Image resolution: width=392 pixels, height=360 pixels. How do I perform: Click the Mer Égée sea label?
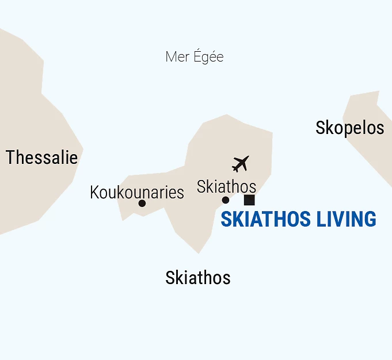pyautogui.click(x=194, y=57)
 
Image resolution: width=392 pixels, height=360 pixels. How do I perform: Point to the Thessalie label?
pyautogui.click(x=41, y=158)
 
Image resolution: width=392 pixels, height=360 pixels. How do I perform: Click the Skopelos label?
pyautogui.click(x=349, y=128)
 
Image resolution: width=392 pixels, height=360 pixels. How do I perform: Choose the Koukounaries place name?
pyautogui.click(x=137, y=192)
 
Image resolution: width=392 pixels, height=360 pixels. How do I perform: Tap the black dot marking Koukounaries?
pyautogui.click(x=142, y=203)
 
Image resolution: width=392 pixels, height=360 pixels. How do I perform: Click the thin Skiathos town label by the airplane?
pyautogui.click(x=226, y=186)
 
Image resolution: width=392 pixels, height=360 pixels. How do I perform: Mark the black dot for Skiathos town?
pyautogui.click(x=226, y=200)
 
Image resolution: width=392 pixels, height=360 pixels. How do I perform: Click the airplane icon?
pyautogui.click(x=241, y=163)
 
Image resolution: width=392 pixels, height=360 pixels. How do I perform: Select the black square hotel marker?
pyautogui.click(x=249, y=200)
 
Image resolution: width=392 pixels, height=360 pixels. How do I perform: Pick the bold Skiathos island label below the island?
pyautogui.click(x=197, y=278)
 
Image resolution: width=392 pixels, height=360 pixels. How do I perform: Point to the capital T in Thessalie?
pyautogui.click(x=10, y=158)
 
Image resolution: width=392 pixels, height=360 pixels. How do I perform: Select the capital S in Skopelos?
pyautogui.click(x=321, y=128)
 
